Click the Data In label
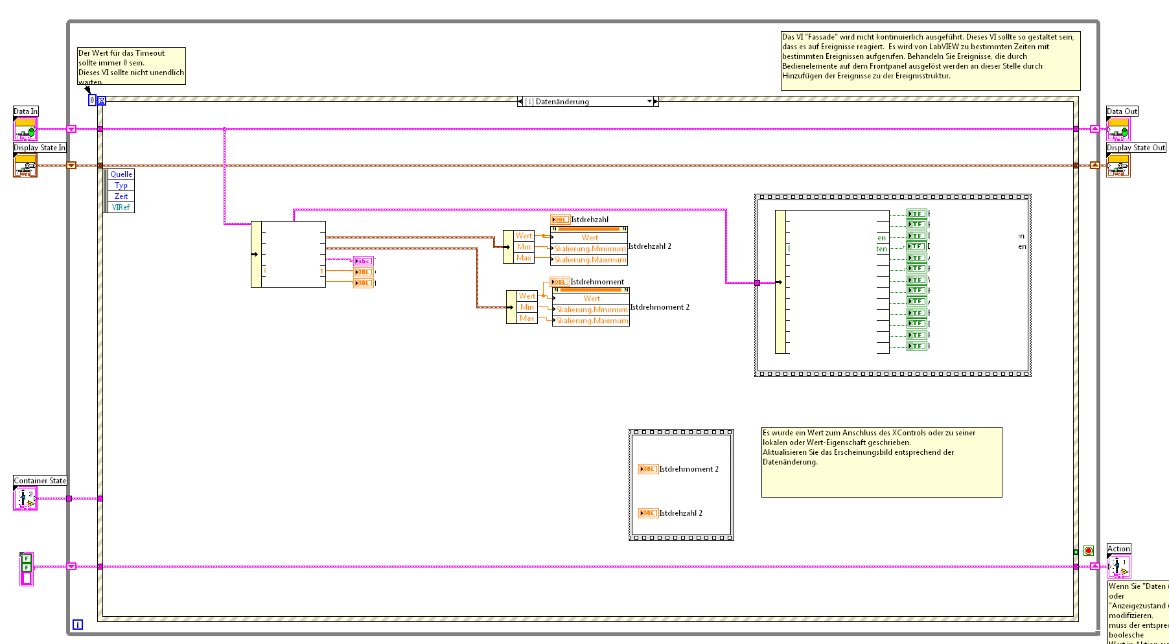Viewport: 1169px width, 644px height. point(26,111)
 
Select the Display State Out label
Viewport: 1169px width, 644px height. point(1135,148)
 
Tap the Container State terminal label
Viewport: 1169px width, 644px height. point(40,481)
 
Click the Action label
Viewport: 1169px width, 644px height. point(1118,549)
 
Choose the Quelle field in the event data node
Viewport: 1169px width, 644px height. point(121,174)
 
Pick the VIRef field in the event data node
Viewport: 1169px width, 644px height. point(121,207)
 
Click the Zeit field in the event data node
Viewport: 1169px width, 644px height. point(121,196)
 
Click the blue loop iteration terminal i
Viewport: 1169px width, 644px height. point(78,625)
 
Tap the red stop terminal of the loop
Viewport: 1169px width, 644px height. point(1089,551)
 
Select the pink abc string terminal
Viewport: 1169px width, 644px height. point(364,261)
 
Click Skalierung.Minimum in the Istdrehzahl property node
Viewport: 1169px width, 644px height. point(590,249)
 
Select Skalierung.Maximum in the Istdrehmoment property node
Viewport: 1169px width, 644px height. point(592,321)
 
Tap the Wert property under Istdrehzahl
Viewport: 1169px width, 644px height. point(590,238)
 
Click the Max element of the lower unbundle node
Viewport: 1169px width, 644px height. point(527,318)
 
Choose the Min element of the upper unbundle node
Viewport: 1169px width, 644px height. point(524,247)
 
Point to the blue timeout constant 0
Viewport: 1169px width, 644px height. point(92,100)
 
